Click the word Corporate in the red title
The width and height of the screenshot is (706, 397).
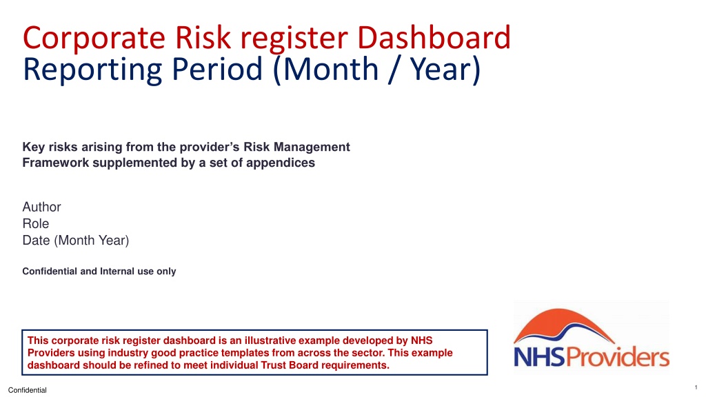pyautogui.click(x=94, y=39)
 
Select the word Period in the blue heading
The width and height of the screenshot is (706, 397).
pyautogui.click(x=217, y=69)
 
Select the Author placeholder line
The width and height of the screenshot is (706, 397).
pyautogui.click(x=41, y=207)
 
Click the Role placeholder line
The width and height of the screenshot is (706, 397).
pyautogui.click(x=36, y=224)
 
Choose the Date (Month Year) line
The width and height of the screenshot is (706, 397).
pyautogui.click(x=76, y=241)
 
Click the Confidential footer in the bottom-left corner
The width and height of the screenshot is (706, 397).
pyautogui.click(x=28, y=390)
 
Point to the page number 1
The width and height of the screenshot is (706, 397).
pyautogui.click(x=696, y=387)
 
